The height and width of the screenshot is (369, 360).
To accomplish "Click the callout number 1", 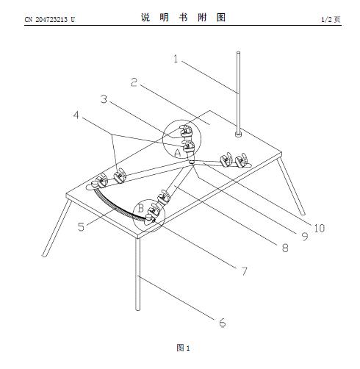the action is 176,59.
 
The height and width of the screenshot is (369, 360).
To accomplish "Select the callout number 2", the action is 134,82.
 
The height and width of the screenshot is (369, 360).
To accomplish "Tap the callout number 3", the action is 104,99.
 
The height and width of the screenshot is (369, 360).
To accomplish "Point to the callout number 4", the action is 76,115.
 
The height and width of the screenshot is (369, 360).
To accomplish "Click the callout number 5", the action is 81,227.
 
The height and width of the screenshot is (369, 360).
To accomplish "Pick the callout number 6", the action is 223,323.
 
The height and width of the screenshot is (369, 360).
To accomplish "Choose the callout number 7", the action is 244,271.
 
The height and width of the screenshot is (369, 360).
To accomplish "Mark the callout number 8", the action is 285,248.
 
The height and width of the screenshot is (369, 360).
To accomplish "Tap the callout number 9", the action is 305,236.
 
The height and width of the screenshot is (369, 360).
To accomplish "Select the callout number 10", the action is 320,229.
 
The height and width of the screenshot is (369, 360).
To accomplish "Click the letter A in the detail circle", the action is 178,153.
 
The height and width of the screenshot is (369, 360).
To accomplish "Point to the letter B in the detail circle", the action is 141,208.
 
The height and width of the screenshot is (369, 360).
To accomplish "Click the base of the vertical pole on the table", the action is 238,134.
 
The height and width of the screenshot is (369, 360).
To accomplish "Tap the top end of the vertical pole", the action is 238,52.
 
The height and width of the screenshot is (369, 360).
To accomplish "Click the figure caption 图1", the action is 183,348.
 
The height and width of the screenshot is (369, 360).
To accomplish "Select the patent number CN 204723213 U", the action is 50,20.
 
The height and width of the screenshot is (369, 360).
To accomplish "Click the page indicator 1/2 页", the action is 331,19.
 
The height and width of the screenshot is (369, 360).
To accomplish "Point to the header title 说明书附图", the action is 183,18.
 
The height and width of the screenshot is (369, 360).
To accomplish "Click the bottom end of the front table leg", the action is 138,309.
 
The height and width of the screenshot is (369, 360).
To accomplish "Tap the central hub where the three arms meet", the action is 192,162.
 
